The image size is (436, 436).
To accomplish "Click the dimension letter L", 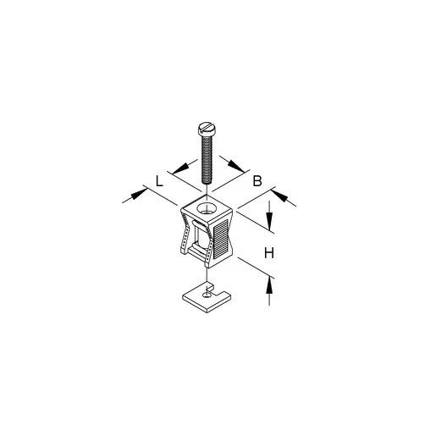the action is click(x=159, y=180).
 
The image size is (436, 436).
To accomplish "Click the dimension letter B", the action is click(x=257, y=181).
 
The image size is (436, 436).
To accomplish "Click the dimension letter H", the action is click(x=269, y=253).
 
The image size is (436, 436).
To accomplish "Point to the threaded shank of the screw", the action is click(x=207, y=158).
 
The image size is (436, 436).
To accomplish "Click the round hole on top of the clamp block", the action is click(x=206, y=209).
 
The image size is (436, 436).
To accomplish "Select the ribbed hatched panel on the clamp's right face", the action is click(x=221, y=239).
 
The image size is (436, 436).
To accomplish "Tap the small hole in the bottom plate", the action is click(x=207, y=295).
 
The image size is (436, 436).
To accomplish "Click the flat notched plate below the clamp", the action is click(x=207, y=298).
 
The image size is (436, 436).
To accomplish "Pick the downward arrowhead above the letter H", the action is click(x=269, y=221).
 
